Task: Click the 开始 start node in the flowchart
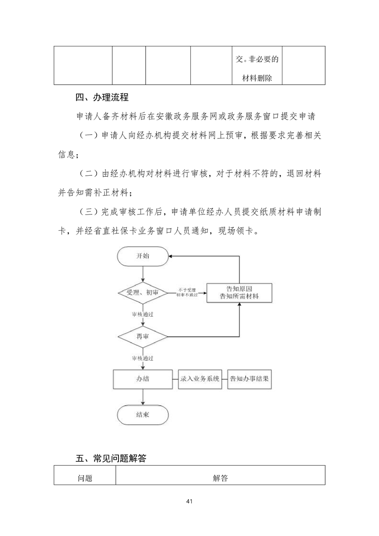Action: [142, 256]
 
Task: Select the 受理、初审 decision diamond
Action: [142, 293]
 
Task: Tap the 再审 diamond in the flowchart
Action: [142, 337]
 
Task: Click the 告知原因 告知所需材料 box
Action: [239, 293]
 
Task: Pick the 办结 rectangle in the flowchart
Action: [142, 379]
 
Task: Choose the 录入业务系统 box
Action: [200, 379]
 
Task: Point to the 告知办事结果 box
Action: [249, 379]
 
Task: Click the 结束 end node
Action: [142, 415]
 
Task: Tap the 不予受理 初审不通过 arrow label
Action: [187, 292]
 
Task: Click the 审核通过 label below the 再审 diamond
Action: [142, 358]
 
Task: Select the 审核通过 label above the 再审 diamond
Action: [142, 314]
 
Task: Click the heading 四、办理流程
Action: [102, 97]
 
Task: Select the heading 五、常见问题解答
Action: [111, 458]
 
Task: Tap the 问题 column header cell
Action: [85, 478]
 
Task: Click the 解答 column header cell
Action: [220, 478]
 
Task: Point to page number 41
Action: [189, 502]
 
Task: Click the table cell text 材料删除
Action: [257, 78]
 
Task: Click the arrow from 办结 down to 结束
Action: [142, 397]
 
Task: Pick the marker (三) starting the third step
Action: [88, 212]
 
